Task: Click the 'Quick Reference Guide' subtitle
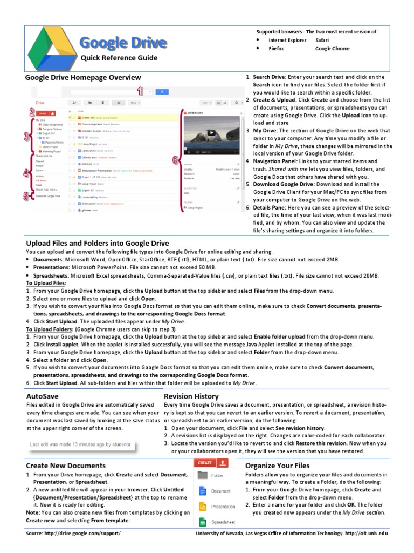point(119,58)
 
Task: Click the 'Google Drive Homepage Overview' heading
point(84,78)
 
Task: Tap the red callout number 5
point(26,197)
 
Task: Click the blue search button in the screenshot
point(161,92)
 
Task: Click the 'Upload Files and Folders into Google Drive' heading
point(98,243)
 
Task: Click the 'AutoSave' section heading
point(42,396)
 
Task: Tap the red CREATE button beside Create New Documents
point(204,463)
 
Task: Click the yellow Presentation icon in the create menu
point(202,507)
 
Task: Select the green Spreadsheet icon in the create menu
point(202,522)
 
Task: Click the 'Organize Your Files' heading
point(277,465)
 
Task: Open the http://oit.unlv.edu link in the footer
point(366,534)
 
